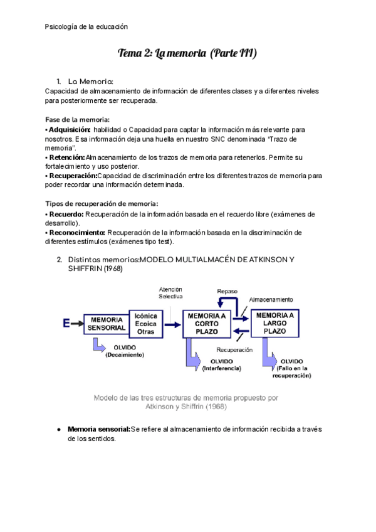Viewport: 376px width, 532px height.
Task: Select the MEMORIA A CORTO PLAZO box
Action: point(206,324)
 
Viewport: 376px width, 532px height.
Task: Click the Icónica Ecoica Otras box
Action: point(145,324)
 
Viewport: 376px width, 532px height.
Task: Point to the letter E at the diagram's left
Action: point(66,324)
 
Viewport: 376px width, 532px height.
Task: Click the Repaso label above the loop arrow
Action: point(227,291)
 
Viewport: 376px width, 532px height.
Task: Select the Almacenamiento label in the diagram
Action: point(271,299)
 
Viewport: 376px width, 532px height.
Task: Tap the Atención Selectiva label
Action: point(170,292)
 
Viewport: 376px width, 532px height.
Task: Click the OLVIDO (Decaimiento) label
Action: point(125,351)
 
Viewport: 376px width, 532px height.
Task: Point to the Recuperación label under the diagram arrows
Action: point(234,349)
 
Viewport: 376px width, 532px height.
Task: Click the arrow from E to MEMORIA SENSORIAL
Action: point(77,324)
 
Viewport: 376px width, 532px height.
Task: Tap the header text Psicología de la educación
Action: point(86,27)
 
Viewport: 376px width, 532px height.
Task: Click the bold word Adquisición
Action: point(70,129)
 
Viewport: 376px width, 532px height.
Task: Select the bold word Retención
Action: point(66,157)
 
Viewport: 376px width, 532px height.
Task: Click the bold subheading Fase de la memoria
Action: point(78,119)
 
